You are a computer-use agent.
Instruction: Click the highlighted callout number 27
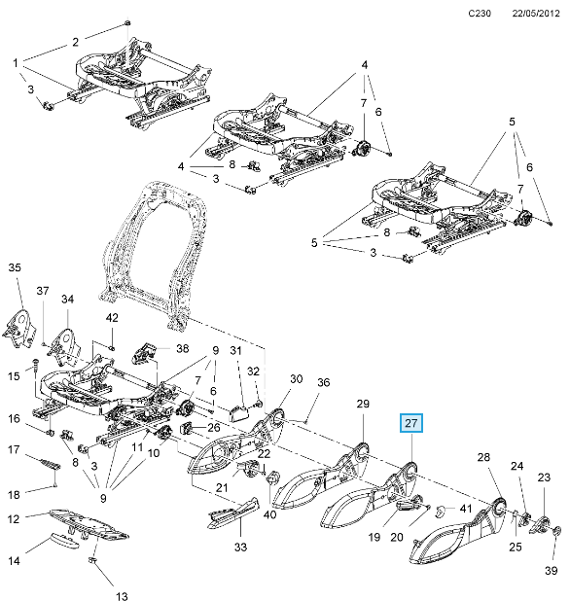coord(410,423)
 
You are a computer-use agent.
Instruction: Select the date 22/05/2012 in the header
coord(536,14)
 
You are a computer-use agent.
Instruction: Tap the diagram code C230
coord(480,14)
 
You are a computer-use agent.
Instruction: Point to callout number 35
coord(15,267)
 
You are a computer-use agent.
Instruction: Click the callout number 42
coord(112,318)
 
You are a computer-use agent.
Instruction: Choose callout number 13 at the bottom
coord(122,595)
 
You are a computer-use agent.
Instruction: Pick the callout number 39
coord(552,571)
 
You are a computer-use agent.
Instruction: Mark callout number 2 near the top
coord(75,42)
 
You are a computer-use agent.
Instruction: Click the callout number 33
coord(240,548)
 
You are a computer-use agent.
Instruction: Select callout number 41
coord(466,509)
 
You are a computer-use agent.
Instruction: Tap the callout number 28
coord(483,457)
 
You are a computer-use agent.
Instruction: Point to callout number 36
coord(324,382)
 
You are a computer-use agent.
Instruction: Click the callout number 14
coord(14,561)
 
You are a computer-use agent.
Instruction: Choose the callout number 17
coord(14,449)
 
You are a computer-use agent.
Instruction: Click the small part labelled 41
coord(440,511)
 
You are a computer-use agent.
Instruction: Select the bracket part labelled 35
coord(19,330)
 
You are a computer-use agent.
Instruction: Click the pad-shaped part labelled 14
coord(64,540)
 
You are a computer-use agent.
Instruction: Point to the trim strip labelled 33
coord(233,513)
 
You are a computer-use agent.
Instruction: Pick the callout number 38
coord(183,348)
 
